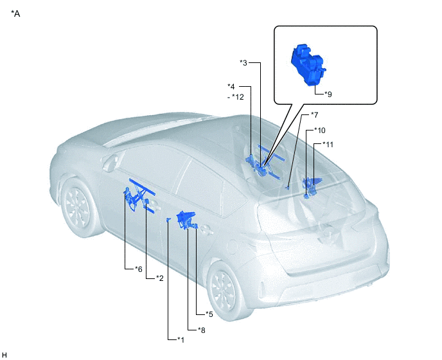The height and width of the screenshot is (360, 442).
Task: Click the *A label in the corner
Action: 15,14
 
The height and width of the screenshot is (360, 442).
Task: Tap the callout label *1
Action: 181,339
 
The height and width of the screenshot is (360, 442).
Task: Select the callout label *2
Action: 160,278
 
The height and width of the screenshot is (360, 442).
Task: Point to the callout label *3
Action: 243,62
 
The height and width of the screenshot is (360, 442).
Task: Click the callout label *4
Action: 231,86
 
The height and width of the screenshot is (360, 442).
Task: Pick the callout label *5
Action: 209,314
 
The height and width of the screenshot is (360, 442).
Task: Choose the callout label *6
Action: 138,269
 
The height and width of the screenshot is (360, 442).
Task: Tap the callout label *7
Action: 314,115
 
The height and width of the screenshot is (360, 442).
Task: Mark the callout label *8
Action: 202,330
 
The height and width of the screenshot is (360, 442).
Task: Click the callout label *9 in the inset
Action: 328,94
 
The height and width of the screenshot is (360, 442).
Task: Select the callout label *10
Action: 320,130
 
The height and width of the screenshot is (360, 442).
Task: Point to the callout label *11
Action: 328,145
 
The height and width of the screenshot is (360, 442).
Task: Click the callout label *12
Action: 238,97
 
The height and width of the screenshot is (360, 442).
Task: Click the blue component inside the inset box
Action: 308,64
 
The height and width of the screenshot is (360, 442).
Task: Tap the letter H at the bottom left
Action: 4,355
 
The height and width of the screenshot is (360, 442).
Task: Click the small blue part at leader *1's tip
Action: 168,220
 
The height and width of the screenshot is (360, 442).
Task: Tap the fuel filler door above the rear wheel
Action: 233,247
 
